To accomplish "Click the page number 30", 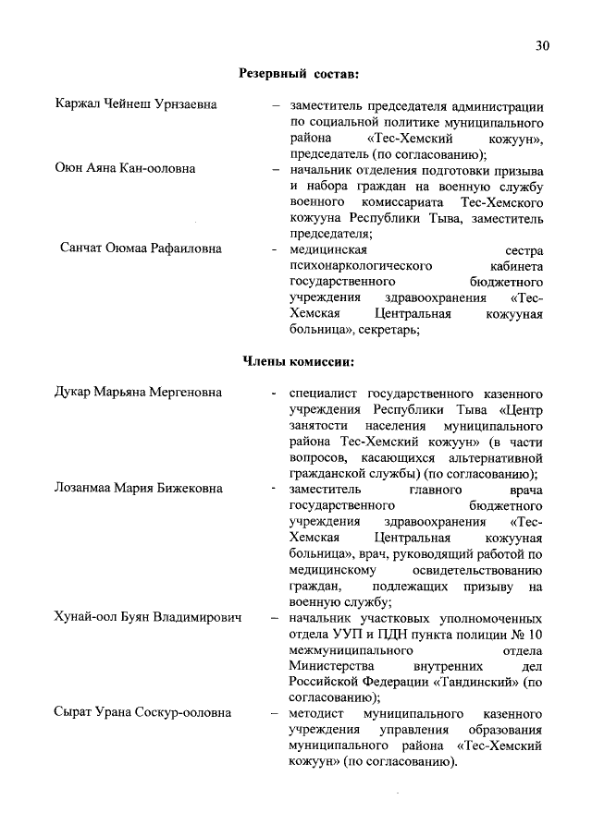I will [542, 46].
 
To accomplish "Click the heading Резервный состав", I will [299, 72].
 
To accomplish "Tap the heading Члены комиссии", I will [299, 360].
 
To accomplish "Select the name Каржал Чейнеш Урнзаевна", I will [136, 104].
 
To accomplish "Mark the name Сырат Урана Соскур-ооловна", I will [143, 714].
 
